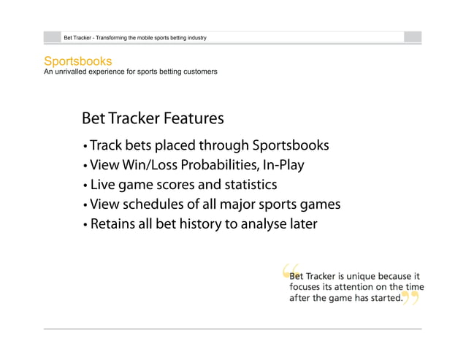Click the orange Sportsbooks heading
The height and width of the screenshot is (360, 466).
77,61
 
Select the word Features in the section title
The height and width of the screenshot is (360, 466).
194,118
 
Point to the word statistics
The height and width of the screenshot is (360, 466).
247,185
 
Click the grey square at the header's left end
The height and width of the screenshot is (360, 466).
53,37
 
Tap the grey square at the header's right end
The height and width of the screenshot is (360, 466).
413,37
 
